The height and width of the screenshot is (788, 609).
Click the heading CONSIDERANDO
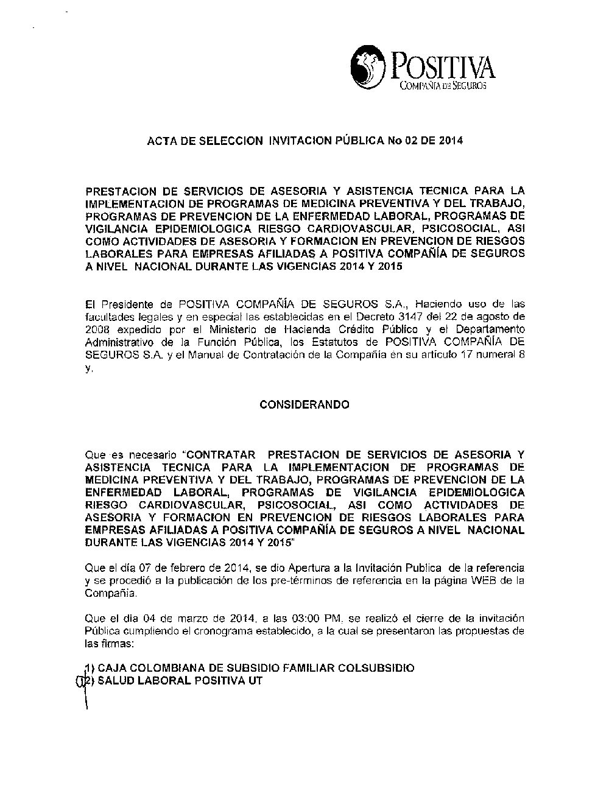point(304,405)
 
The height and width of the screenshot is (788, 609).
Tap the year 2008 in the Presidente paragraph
point(96,329)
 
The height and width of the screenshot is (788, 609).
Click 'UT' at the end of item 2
point(255,681)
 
